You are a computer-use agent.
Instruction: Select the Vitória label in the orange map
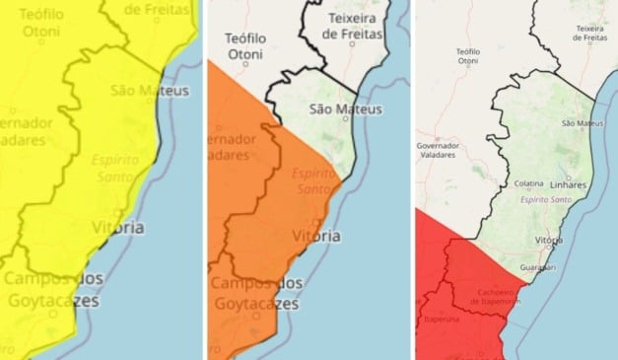click(317, 237)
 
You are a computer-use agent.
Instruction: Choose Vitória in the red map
click(549, 240)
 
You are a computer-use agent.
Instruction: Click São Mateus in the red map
click(581, 123)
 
